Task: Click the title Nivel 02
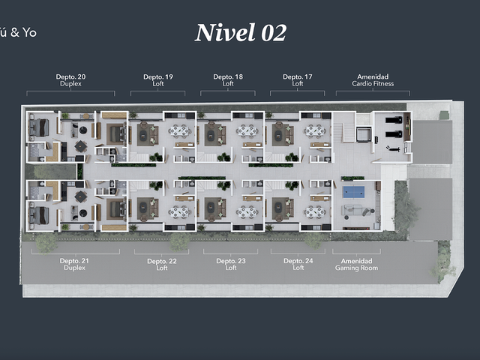241,33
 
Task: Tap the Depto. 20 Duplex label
70,80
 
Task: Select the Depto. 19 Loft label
158,80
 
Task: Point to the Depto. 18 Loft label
228,80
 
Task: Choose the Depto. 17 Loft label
298,80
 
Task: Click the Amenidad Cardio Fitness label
373,80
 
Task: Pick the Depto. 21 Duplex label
74,264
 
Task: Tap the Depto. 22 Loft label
162,265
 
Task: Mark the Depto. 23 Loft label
231,264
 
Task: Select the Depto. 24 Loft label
298,264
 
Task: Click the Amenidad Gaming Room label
357,265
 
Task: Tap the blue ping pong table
353,192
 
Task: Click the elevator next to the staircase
364,135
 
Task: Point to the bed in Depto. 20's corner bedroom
39,127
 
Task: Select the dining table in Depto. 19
180,131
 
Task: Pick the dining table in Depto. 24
315,211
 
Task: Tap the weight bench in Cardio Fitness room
393,148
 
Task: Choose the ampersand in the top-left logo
15,32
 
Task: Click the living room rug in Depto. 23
211,208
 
